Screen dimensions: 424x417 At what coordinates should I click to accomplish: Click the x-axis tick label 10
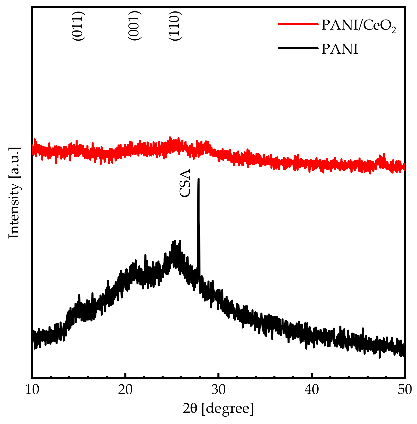tap(32, 390)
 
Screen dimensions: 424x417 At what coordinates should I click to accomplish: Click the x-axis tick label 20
tap(125, 390)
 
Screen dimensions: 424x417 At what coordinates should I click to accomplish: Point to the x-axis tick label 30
tap(219, 390)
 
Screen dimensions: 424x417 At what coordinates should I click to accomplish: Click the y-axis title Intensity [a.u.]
tap(14, 193)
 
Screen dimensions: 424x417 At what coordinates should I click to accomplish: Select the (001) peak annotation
tap(134, 26)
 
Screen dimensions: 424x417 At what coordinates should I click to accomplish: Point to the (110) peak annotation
tap(175, 26)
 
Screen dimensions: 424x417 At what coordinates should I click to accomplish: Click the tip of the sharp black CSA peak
tap(198, 179)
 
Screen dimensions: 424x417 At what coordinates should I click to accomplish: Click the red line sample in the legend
tap(298, 24)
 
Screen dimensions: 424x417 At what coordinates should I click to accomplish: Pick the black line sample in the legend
tap(298, 48)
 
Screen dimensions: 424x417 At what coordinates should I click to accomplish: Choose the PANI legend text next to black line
tap(340, 49)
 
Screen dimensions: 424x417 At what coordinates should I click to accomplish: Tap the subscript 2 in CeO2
tap(393, 30)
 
